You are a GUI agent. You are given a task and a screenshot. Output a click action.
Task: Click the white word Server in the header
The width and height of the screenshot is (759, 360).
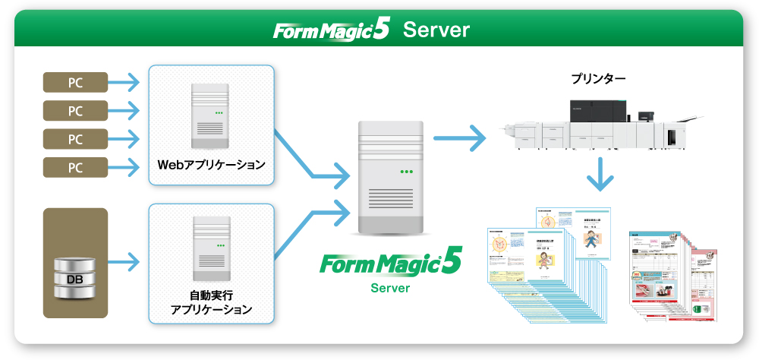click(436, 30)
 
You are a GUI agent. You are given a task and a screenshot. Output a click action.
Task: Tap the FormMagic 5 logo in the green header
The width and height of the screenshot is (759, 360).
click(332, 30)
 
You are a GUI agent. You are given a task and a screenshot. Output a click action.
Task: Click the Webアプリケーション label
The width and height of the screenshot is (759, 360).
click(211, 164)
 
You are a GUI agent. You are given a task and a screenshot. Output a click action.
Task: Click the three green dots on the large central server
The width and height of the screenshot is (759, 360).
click(407, 172)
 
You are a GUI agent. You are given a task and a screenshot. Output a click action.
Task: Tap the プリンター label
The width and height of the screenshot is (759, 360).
click(599, 78)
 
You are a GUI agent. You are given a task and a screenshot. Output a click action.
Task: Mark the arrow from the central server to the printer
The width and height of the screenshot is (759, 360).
click(459, 138)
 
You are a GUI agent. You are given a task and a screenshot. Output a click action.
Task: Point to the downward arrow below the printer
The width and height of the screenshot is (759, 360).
click(600, 175)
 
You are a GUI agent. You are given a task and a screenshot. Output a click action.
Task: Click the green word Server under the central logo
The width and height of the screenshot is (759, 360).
click(390, 289)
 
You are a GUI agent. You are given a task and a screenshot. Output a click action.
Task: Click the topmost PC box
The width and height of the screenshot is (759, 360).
click(75, 81)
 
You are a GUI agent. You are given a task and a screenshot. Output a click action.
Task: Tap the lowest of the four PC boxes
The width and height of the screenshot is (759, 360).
click(75, 167)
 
